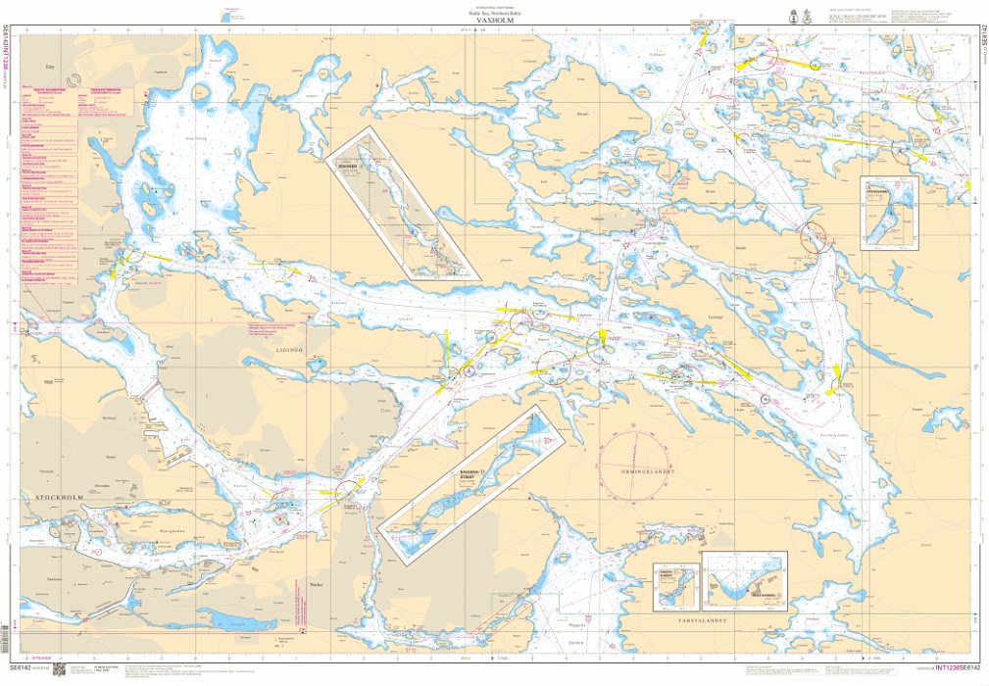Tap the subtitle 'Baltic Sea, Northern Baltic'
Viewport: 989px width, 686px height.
pos(494,12)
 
